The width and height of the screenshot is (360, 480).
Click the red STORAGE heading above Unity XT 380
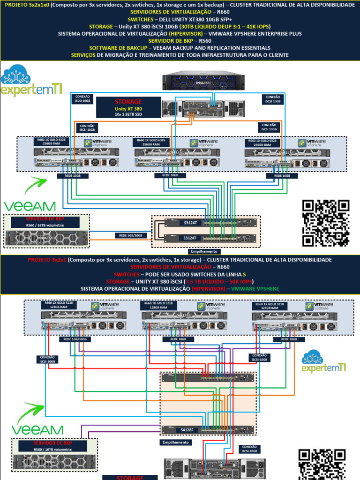(128, 101)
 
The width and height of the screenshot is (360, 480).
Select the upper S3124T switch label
(190, 223)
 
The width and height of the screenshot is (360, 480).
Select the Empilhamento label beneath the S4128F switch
(175, 442)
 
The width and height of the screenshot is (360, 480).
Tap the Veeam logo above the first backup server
(29, 206)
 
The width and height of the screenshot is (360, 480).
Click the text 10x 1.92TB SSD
(127, 113)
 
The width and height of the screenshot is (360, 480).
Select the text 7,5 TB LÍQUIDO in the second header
(193, 281)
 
